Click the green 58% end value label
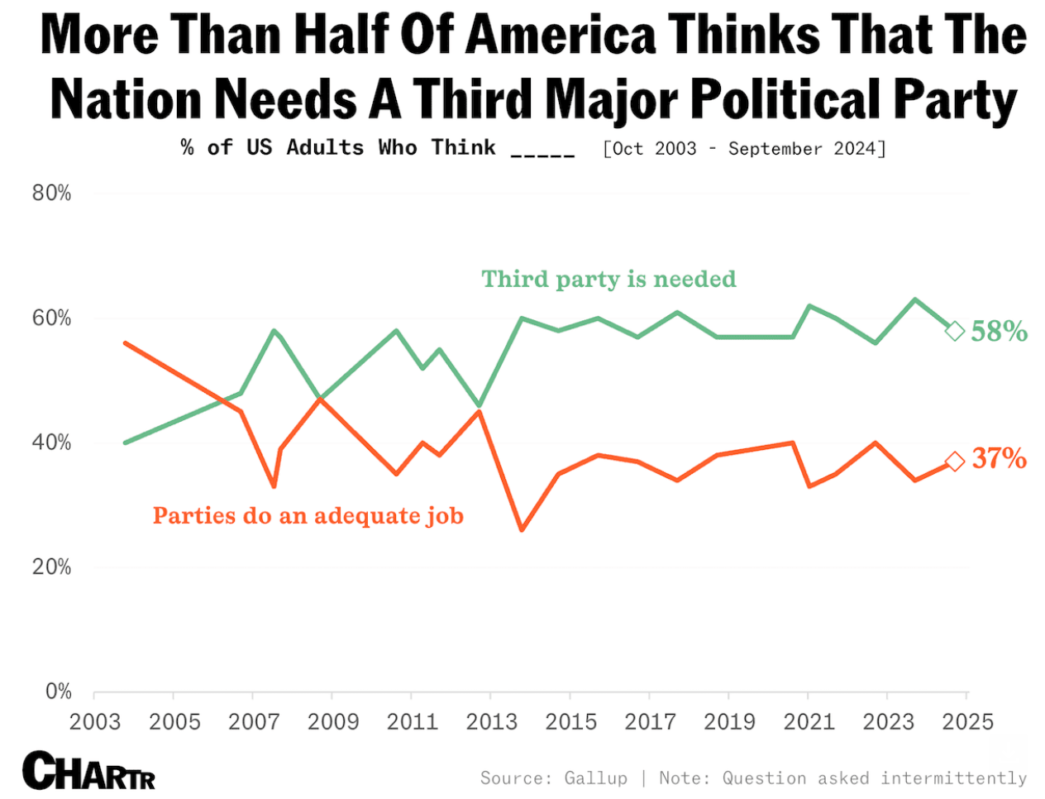pos(999,332)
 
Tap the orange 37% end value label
pos(999,458)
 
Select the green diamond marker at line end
pos(955,331)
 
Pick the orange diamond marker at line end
pos(955,462)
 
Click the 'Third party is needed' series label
pos(608,280)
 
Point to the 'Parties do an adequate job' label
pos(308,516)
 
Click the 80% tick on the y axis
pos(51,194)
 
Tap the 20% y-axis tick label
pos(51,567)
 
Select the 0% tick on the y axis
pos(58,691)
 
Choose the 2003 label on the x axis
pos(95,722)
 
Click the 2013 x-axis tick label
pos(491,722)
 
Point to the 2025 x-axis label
pos(967,722)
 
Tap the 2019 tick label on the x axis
pos(729,722)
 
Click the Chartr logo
pos(88,771)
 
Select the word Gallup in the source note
pos(595,778)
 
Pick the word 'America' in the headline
pos(561,35)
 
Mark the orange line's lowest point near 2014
pos(521,530)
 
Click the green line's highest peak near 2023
pos(914,299)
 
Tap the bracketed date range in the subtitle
pos(744,149)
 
